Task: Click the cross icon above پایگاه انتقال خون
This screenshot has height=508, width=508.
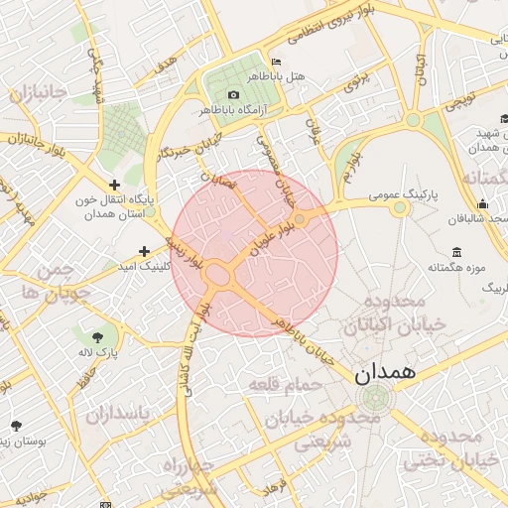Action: coord(115,185)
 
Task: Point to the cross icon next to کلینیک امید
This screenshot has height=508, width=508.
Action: coord(144,251)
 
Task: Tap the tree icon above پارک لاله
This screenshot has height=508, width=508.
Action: coord(97,336)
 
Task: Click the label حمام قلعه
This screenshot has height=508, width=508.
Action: coord(286,382)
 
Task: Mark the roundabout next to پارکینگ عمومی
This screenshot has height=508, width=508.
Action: coord(400,208)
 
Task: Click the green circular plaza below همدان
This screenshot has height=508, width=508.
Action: coord(376,399)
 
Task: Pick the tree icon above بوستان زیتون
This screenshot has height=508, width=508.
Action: coord(16,424)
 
